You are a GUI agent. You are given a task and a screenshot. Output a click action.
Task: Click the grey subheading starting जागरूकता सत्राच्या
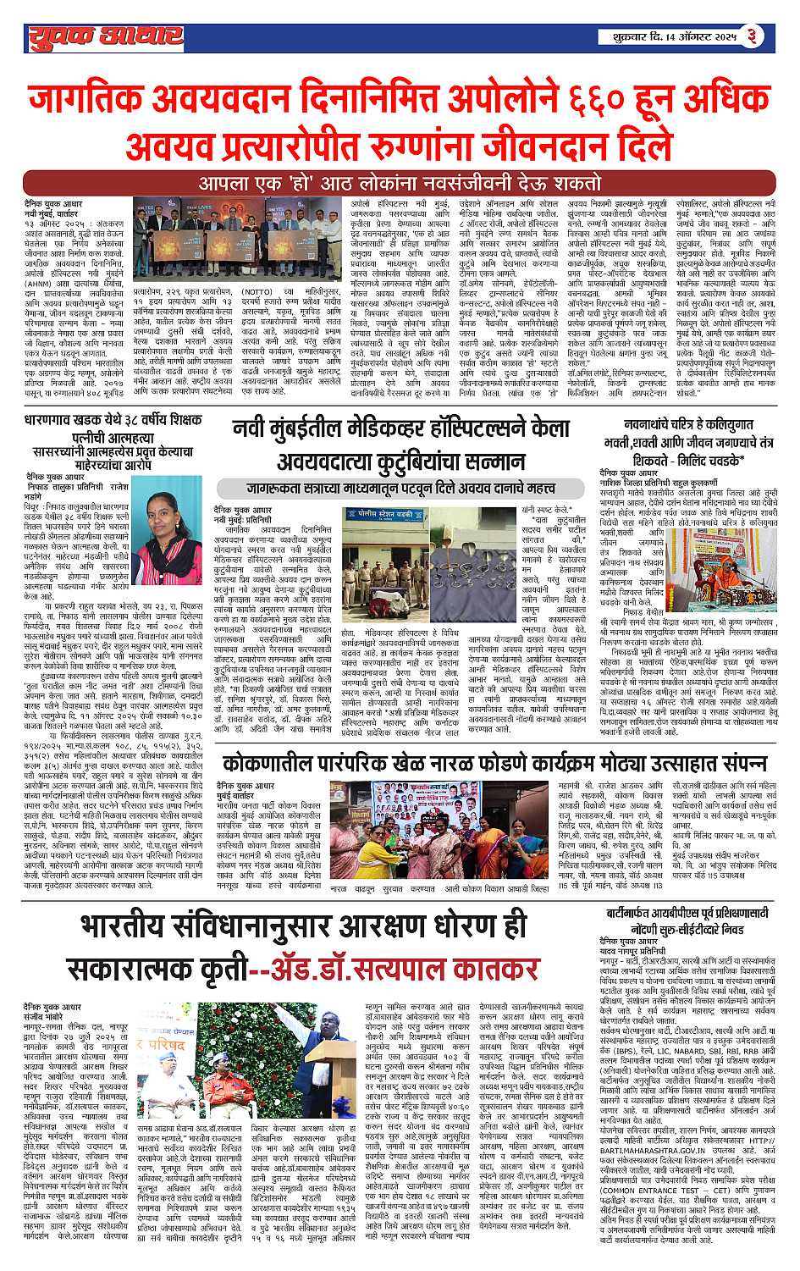tap(385, 488)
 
